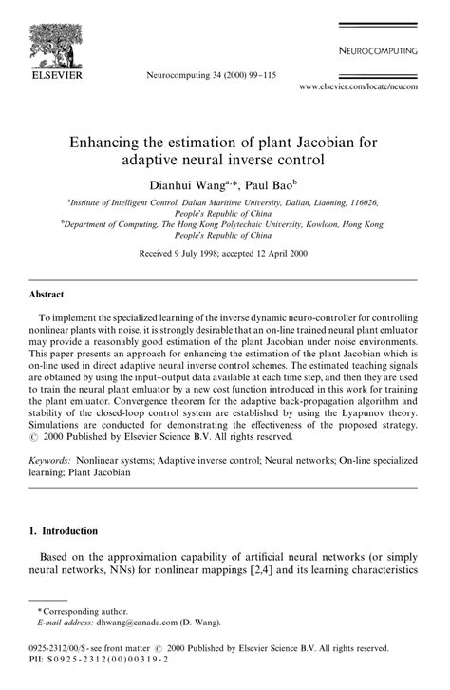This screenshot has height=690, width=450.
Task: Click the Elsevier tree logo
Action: (x=56, y=41)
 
